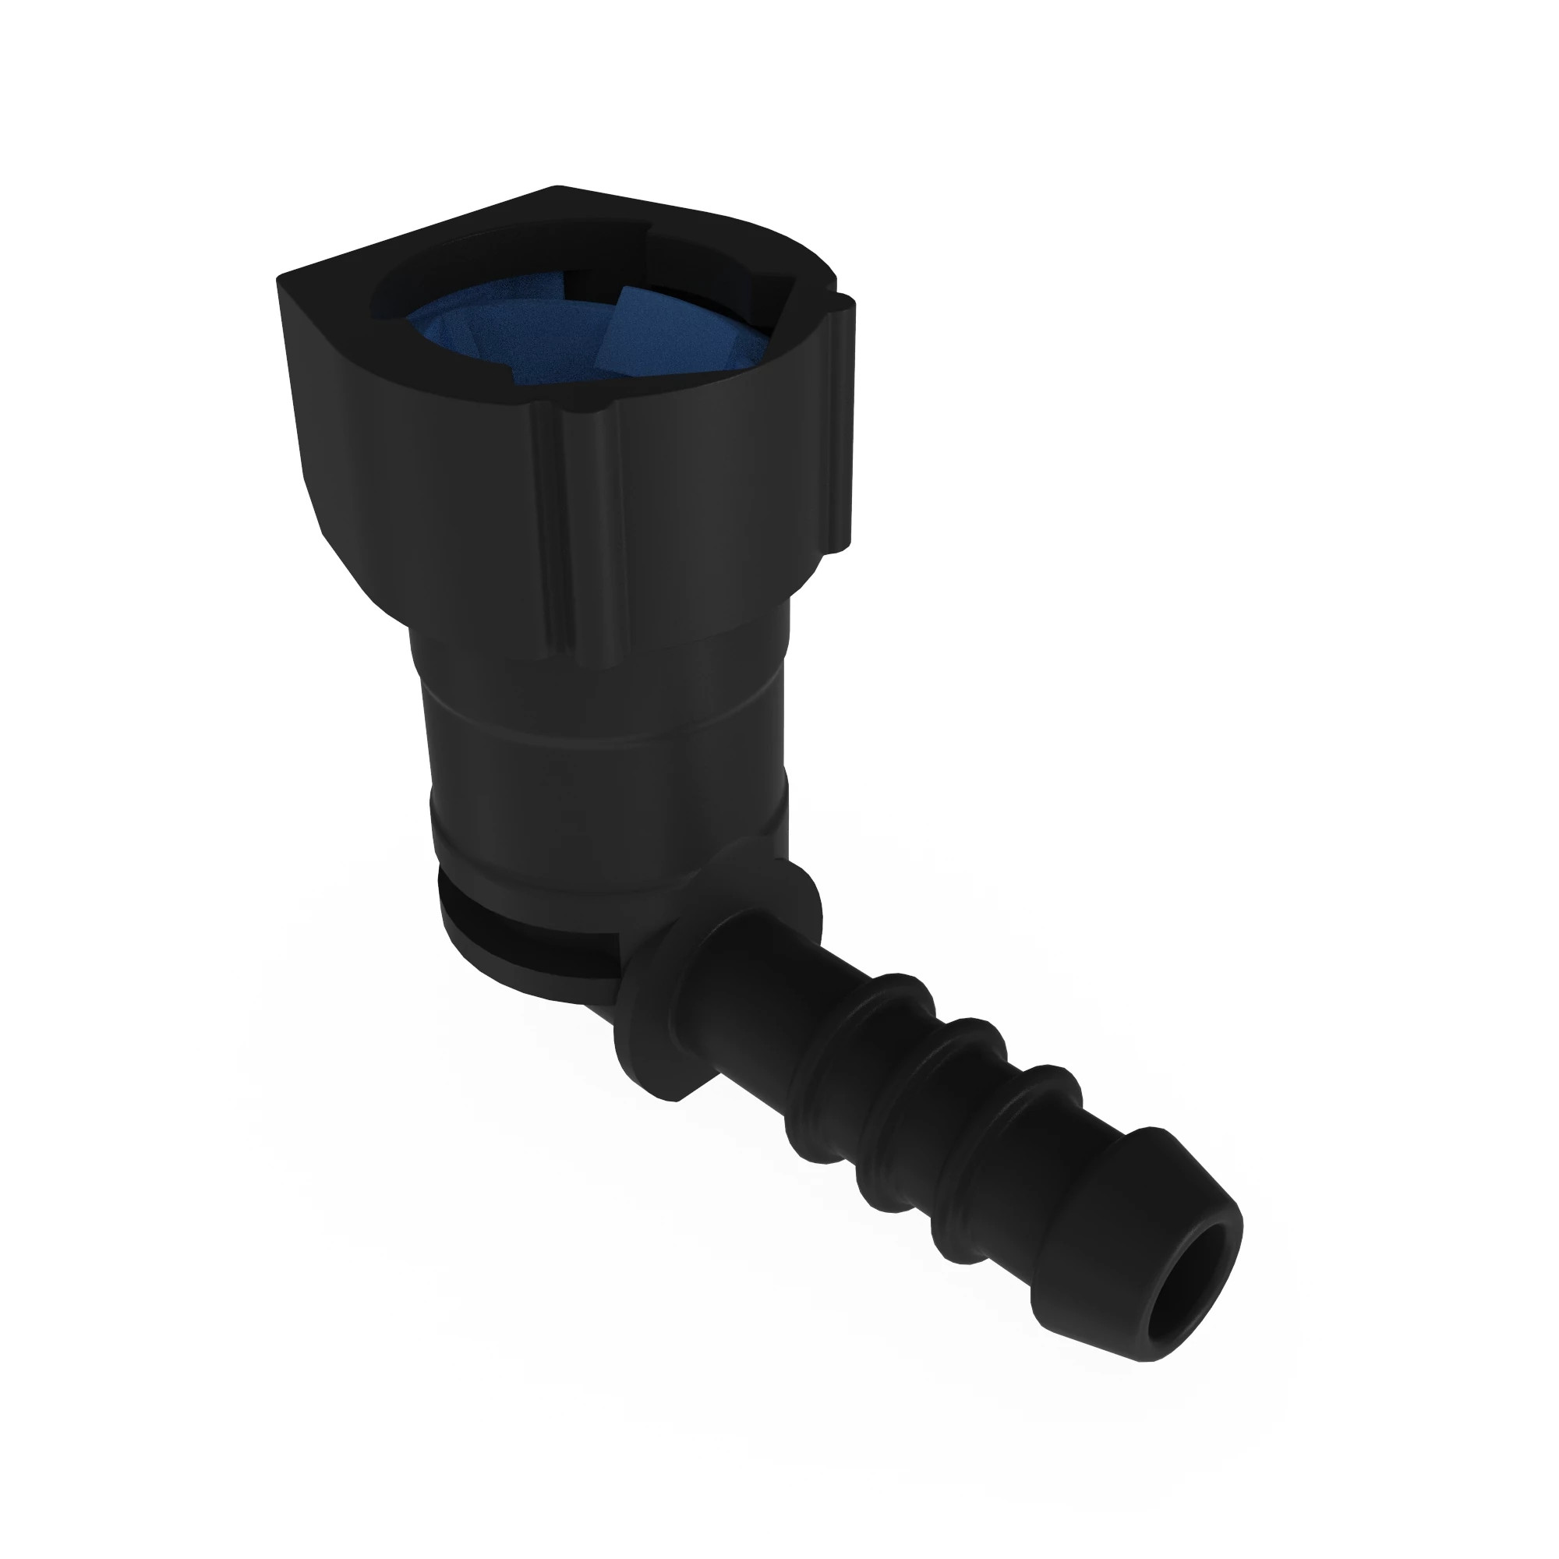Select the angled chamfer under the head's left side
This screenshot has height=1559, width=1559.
pyautogui.click(x=363, y=565)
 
